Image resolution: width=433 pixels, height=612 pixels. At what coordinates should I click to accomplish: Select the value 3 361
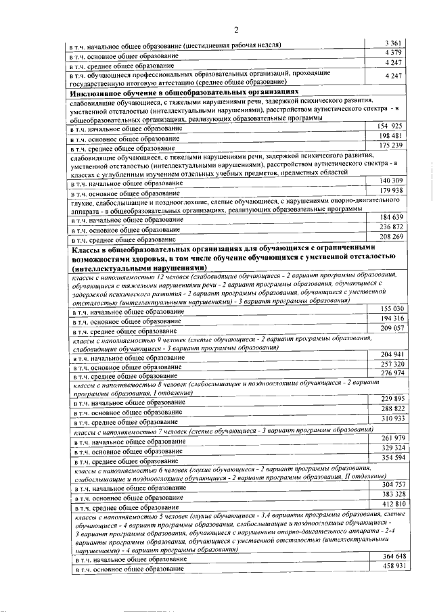(392, 43)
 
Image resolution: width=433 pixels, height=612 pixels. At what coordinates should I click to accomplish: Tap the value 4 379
(392, 53)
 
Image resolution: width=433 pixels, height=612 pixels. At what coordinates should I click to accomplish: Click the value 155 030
(392, 308)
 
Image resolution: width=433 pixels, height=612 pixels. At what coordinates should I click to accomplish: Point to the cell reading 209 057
(392, 328)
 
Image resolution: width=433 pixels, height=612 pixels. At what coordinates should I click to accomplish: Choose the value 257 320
(392, 364)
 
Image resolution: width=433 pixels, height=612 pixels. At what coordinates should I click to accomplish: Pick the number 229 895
(392, 399)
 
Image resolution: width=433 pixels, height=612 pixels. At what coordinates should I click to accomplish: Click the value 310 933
(392, 419)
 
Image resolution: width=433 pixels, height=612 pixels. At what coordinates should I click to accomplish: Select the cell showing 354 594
(392, 458)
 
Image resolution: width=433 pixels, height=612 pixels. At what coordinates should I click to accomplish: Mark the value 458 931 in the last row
(393, 565)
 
